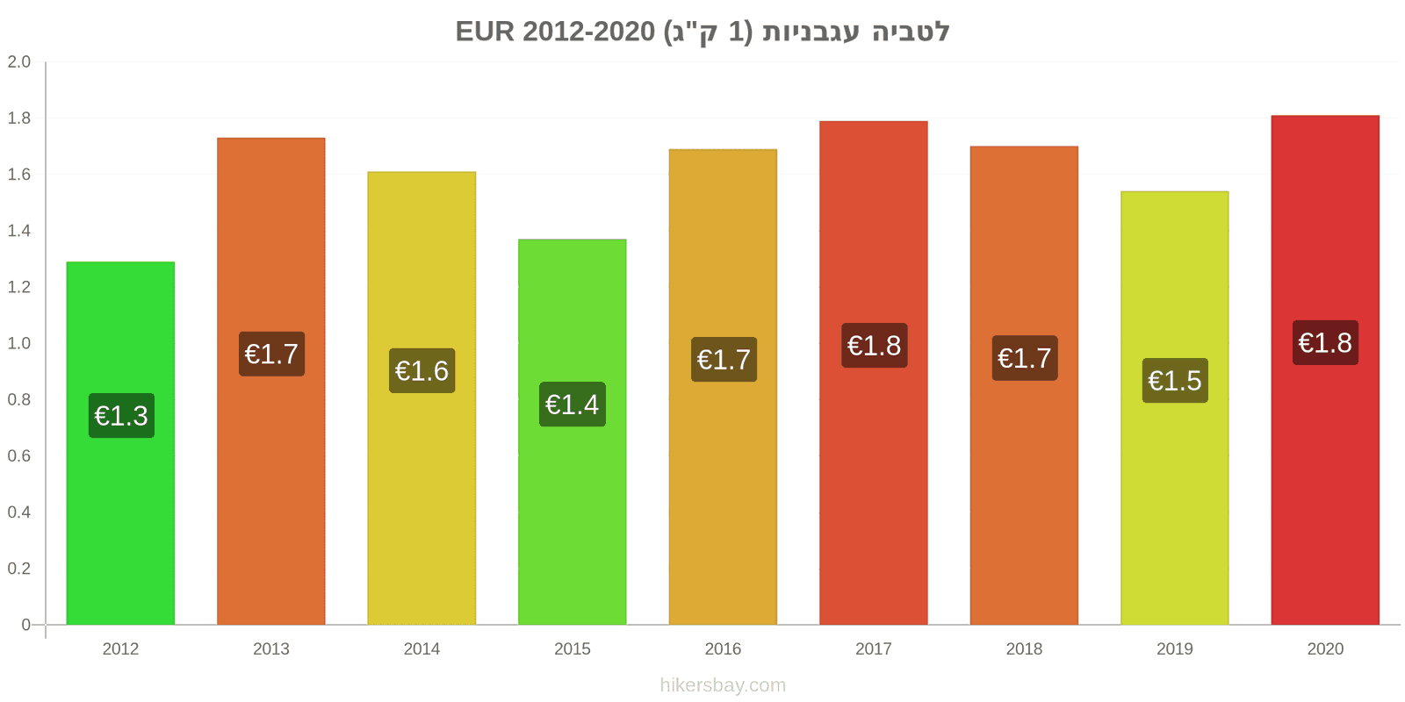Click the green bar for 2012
tap(120, 443)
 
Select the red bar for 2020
tap(1325, 369)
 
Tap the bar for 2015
tap(572, 432)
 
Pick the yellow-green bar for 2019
tap(1175, 408)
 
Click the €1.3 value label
tap(121, 416)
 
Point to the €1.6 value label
tap(422, 371)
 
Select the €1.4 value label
tap(573, 405)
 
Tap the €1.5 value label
tap(1175, 381)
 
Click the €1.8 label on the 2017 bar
tap(875, 346)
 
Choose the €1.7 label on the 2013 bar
tap(271, 355)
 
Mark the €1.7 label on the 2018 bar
tap(1025, 358)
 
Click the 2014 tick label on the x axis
tap(421, 648)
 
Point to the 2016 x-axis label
tap(723, 648)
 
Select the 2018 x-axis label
tap(1024, 648)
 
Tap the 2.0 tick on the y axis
tap(18, 61)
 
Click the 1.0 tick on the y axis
tap(18, 343)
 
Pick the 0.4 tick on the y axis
tap(18, 512)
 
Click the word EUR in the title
tap(485, 32)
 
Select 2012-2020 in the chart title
tap(588, 32)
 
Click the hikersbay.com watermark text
tap(723, 685)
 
